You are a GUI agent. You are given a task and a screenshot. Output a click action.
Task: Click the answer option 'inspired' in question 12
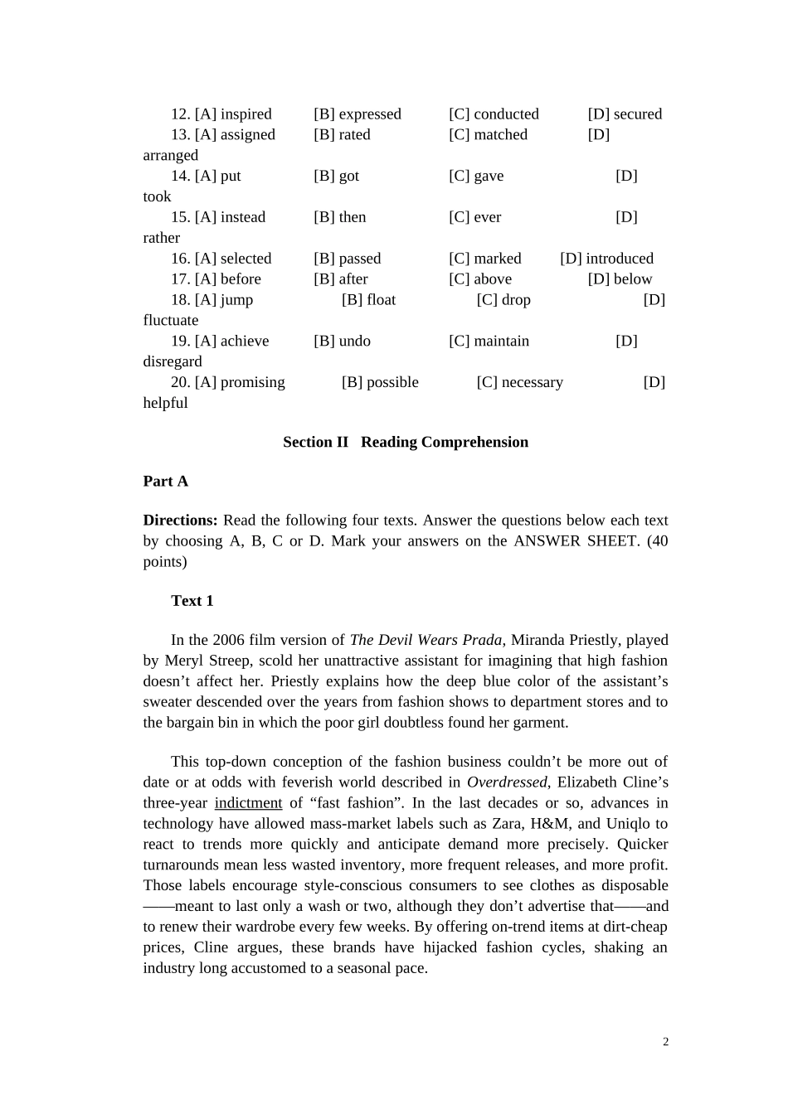tap(246, 114)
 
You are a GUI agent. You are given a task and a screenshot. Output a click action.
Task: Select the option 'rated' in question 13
tap(354, 135)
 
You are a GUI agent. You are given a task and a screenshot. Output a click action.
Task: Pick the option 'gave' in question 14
tap(489, 177)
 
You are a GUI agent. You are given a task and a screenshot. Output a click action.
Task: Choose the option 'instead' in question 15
tap(242, 217)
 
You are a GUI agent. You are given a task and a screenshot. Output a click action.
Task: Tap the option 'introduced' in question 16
tap(619, 259)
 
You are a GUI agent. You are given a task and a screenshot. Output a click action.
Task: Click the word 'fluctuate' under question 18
tap(171, 321)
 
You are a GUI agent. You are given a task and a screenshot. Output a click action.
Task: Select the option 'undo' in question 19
tap(354, 341)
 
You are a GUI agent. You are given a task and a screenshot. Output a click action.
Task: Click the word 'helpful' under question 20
tap(165, 404)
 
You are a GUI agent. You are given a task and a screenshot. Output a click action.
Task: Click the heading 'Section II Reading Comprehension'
tap(405, 443)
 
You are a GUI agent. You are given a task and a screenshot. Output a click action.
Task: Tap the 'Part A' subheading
tap(165, 482)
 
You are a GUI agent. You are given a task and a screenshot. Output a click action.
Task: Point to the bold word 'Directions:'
tap(180, 521)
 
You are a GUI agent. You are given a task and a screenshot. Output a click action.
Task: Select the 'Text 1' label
tap(192, 601)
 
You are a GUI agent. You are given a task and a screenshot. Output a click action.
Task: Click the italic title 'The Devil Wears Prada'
tap(426, 640)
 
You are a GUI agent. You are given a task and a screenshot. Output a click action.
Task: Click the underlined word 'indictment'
tap(248, 803)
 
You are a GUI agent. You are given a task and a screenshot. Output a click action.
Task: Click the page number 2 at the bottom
tap(665, 1042)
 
